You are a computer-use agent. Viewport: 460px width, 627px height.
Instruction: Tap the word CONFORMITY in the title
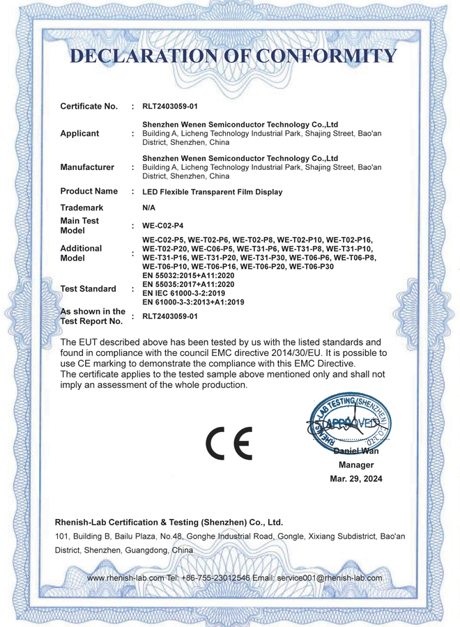(327, 56)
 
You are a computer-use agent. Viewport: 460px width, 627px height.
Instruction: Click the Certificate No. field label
(89, 107)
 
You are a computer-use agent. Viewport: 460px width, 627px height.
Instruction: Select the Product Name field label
(89, 191)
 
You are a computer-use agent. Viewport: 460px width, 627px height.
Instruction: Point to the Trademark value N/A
(148, 208)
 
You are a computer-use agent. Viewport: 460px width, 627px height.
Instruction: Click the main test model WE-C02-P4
(162, 226)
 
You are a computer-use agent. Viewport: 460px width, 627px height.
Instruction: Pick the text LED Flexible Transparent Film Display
(212, 192)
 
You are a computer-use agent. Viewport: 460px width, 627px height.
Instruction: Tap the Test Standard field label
(89, 288)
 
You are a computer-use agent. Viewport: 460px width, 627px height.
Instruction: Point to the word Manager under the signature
(355, 465)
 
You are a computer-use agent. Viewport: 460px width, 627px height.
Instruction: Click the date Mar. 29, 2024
(355, 479)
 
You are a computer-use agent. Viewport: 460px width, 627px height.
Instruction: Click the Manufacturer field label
(87, 167)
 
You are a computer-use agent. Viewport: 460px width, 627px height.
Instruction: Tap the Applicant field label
(79, 133)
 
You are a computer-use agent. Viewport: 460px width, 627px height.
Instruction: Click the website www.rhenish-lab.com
(125, 578)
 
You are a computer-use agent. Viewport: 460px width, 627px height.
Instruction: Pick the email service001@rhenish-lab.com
(330, 578)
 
